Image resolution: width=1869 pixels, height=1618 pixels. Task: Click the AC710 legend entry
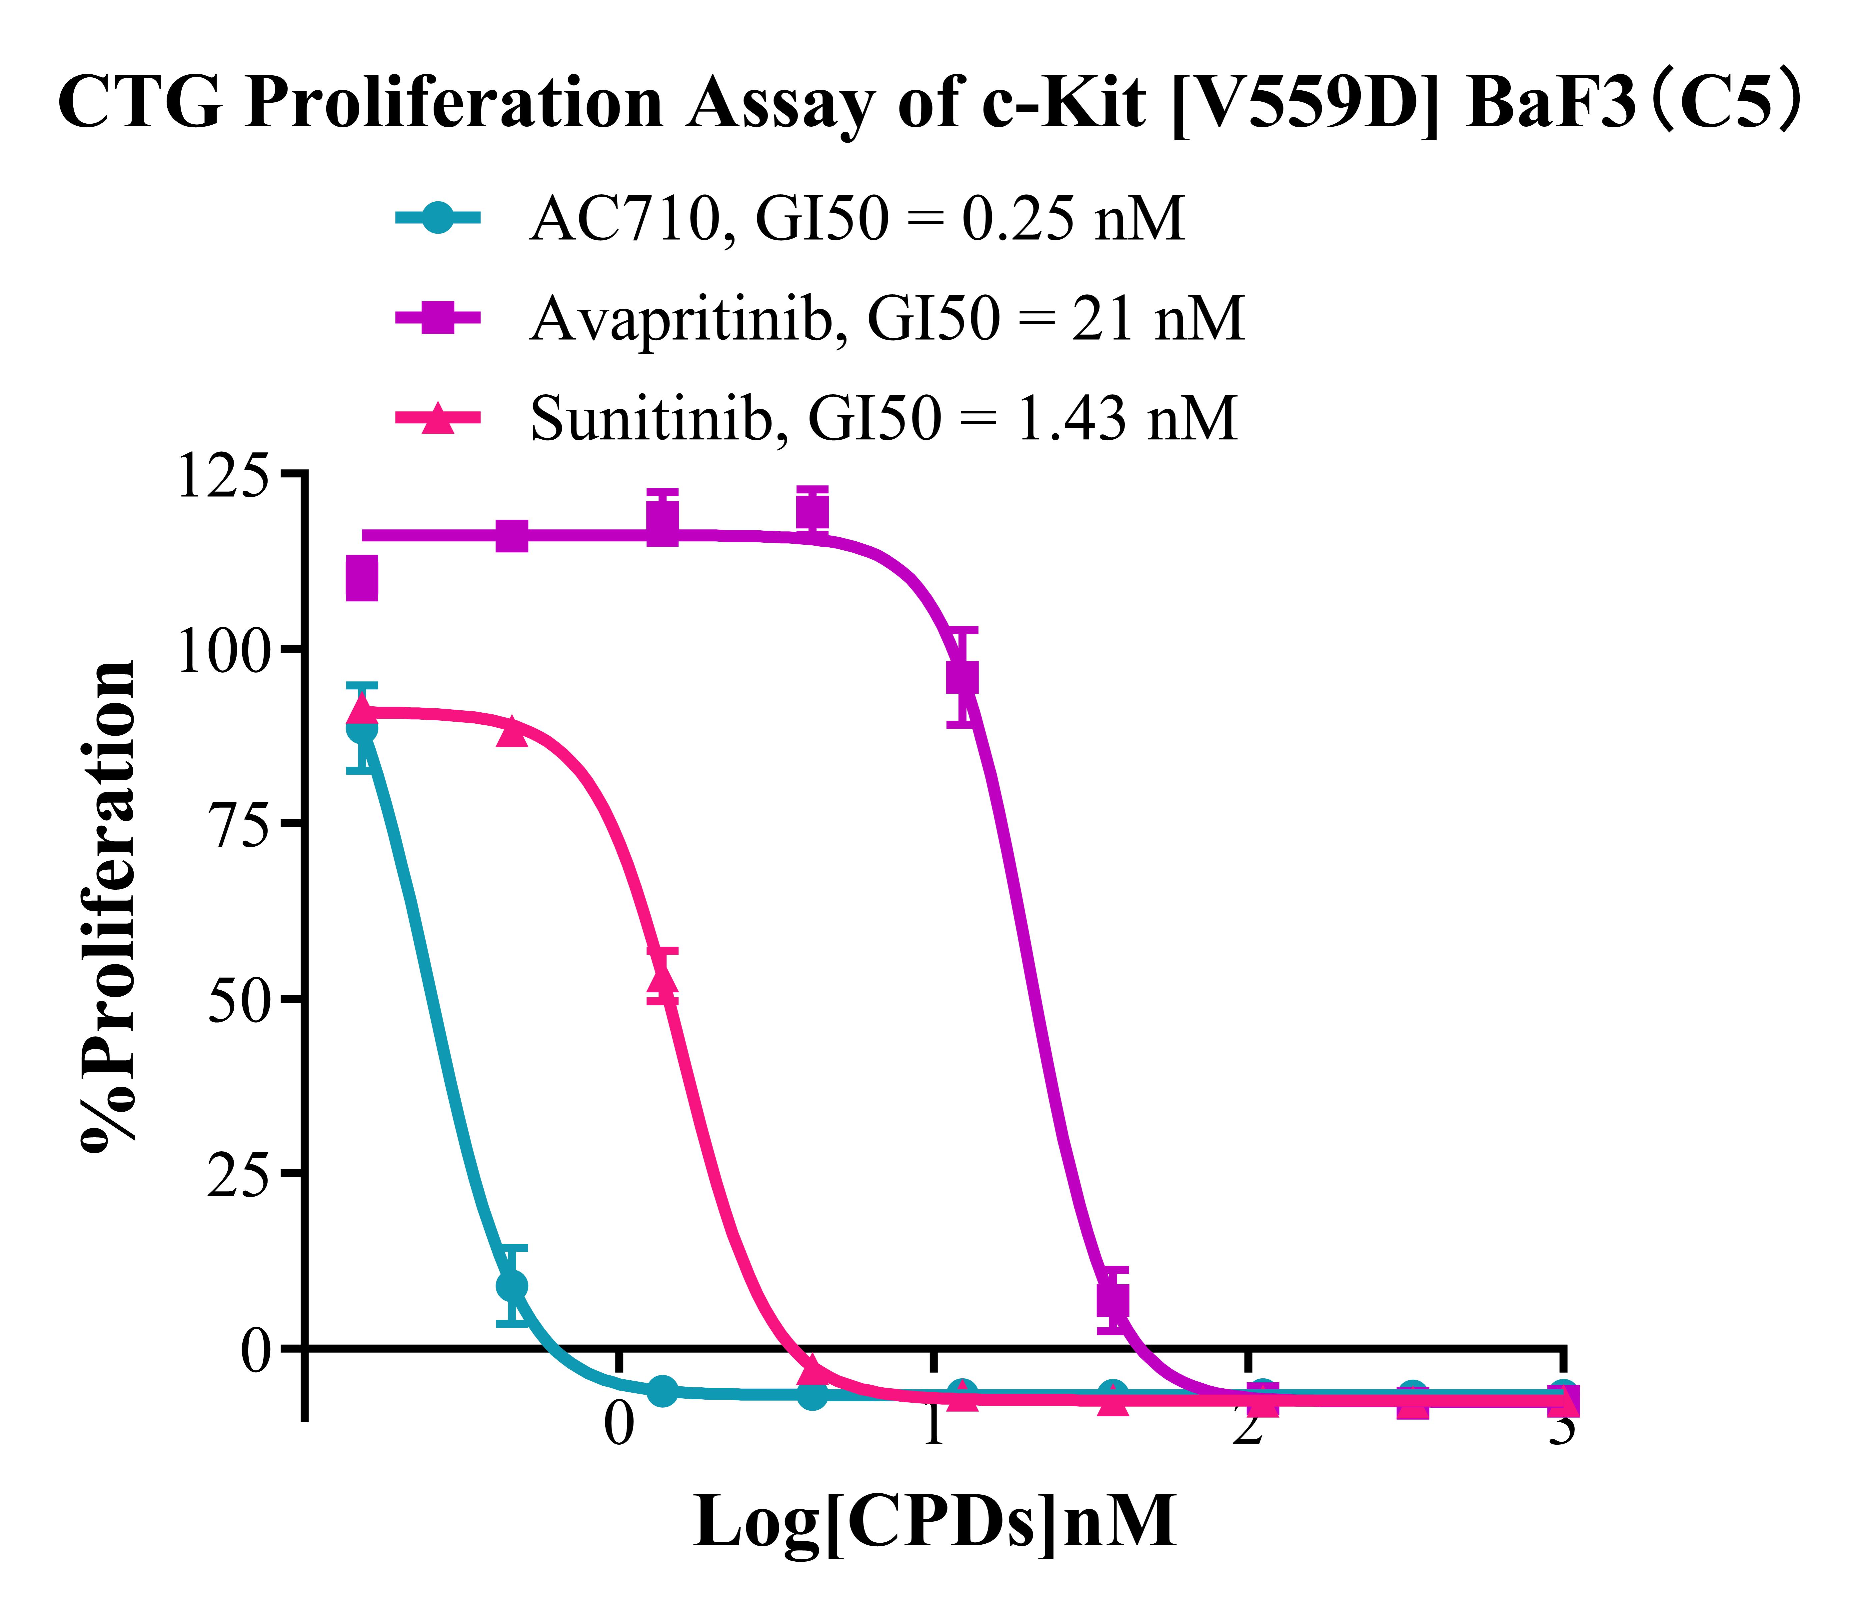click(x=856, y=219)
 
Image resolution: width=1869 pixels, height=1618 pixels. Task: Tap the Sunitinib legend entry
click(x=883, y=419)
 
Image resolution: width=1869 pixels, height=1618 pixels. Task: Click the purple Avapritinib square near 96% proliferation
click(x=962, y=677)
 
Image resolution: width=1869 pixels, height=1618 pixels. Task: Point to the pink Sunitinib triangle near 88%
click(x=512, y=731)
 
